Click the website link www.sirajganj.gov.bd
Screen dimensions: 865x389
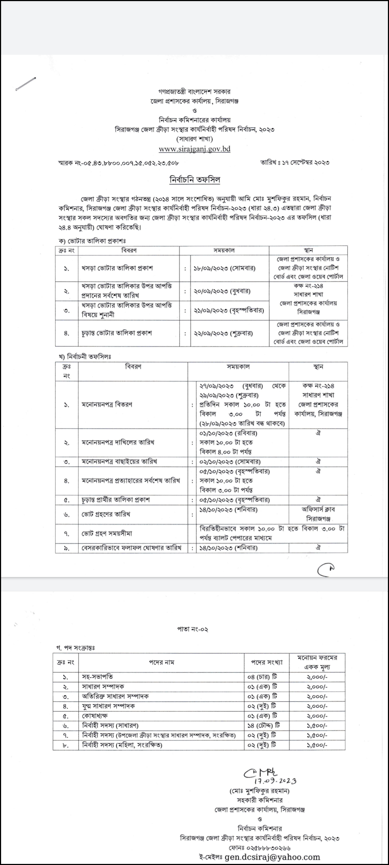[194, 149]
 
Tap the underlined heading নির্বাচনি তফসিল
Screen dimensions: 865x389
[194, 179]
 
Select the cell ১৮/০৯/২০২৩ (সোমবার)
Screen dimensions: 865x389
[224, 269]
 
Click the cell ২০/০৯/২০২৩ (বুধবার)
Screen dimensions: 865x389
[222, 291]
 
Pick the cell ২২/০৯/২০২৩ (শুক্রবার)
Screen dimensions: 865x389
[223, 333]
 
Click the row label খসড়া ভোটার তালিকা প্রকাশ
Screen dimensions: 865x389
[117, 269]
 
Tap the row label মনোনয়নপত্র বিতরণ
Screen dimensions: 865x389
[107, 405]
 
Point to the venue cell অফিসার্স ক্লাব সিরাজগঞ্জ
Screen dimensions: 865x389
[318, 514]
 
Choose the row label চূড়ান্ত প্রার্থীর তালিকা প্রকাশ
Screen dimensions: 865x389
[116, 500]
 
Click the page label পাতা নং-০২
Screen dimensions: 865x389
[193, 630]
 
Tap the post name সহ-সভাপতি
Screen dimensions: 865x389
[98, 677]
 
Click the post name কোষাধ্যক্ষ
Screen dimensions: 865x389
[95, 716]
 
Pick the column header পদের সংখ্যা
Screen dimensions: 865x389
[267, 662]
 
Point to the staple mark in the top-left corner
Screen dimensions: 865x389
[26, 84]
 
